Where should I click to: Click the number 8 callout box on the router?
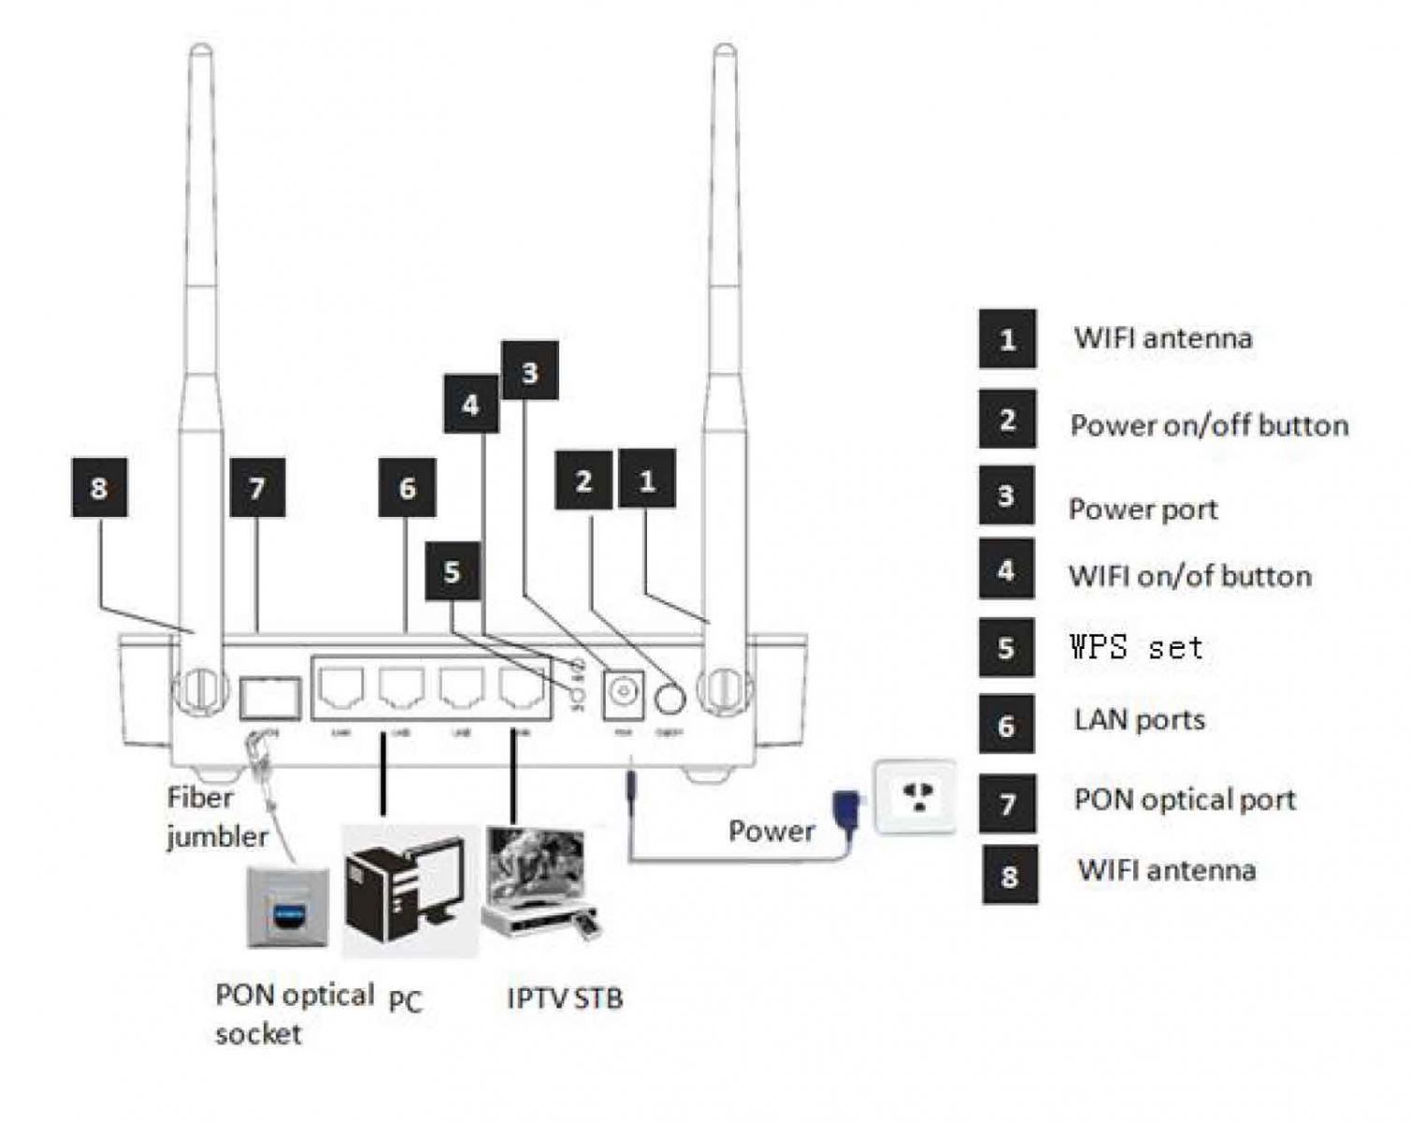(x=99, y=487)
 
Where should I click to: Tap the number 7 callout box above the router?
(x=257, y=487)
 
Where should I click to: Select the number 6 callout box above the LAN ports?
(x=407, y=487)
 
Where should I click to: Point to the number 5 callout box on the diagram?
(x=453, y=571)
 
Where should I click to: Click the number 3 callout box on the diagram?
(x=530, y=371)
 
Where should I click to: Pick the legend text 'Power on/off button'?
(x=1209, y=425)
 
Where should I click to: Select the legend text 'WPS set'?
(x=1136, y=647)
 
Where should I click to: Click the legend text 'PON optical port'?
(x=1185, y=799)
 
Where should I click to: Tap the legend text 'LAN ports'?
(x=1139, y=720)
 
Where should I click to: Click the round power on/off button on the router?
(x=670, y=698)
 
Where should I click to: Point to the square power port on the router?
(x=622, y=695)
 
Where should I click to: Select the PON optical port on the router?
(x=270, y=698)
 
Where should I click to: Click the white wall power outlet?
(x=915, y=797)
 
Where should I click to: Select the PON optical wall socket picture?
(x=288, y=907)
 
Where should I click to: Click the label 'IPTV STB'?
(x=565, y=999)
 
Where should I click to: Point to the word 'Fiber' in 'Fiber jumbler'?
(x=200, y=798)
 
